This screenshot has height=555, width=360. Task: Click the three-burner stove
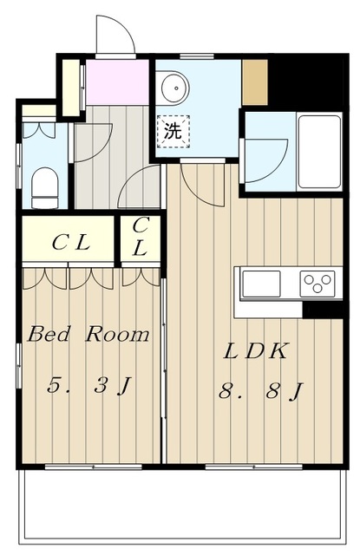pos(317,283)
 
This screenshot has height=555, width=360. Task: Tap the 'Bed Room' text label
pos(88,335)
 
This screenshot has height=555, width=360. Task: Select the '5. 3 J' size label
pos(88,386)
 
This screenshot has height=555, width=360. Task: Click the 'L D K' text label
pos(257,352)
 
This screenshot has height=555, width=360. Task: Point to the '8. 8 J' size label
pos(259,392)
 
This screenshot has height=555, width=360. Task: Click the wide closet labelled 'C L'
pos(69,242)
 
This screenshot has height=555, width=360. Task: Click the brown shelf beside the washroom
pos(255,82)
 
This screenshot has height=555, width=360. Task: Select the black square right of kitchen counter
pos(322,310)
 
